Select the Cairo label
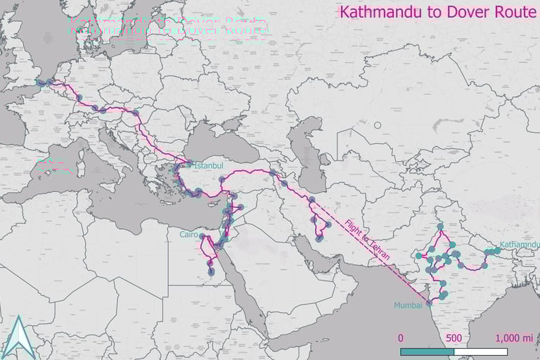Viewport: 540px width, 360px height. pos(188,234)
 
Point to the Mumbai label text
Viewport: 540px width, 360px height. pos(408,304)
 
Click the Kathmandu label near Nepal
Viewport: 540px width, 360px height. pos(520,244)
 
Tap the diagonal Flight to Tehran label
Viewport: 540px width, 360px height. pos(366,240)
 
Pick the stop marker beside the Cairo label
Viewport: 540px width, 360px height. pos(202,236)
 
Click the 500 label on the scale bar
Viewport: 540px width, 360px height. pos(454,337)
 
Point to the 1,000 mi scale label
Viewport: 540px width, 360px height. pos(514,337)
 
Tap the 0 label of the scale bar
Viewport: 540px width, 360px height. pos(401,337)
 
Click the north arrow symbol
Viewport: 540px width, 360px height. pos(19,337)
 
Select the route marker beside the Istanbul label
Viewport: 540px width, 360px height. pos(189,165)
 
